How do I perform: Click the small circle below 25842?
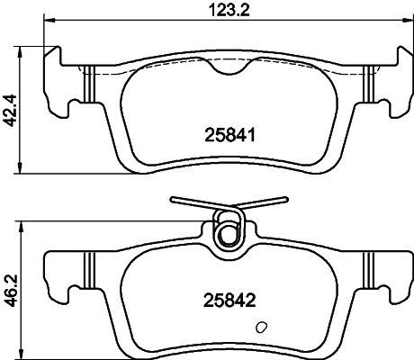(262, 328)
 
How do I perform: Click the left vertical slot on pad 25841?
(88, 85)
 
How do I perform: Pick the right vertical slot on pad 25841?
(369, 85)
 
